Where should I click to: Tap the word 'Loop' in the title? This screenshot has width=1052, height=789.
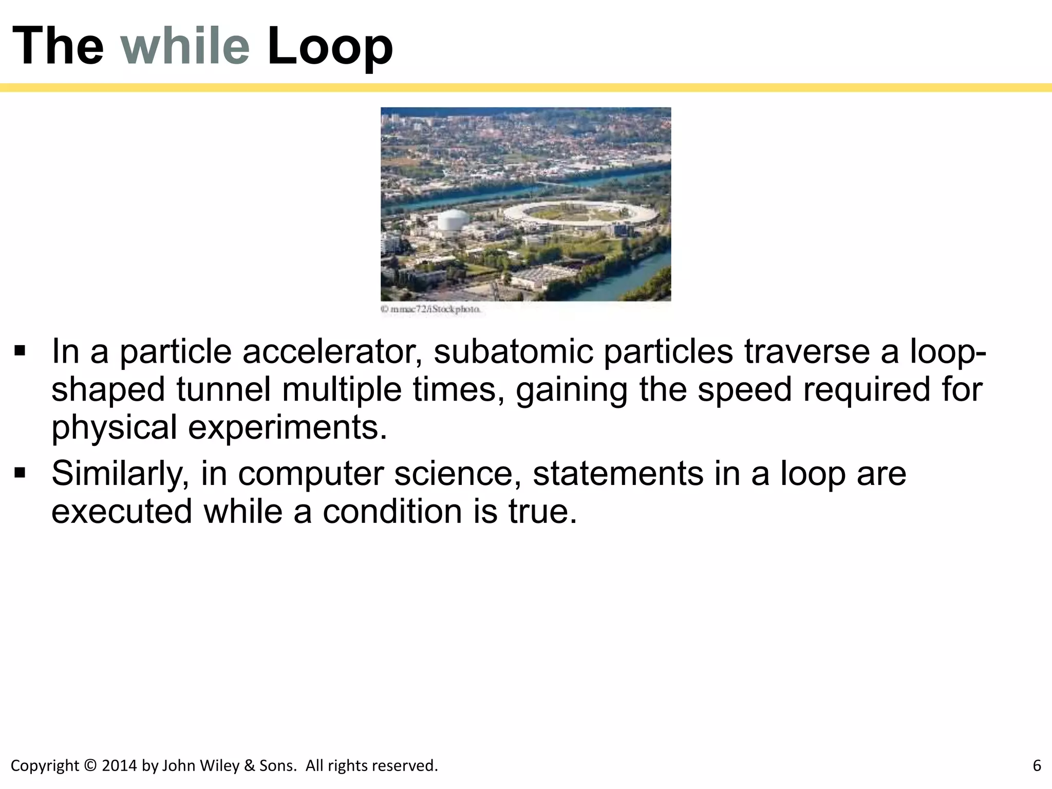(x=330, y=47)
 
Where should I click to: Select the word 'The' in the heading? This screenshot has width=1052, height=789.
(x=58, y=46)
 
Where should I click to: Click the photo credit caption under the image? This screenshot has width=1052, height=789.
(x=430, y=309)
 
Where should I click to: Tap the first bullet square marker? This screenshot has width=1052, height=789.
(x=20, y=351)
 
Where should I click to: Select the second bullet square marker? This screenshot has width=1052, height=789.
(x=20, y=473)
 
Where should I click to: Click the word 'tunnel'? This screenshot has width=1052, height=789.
(x=223, y=389)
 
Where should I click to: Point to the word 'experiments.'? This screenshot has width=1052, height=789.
(x=288, y=428)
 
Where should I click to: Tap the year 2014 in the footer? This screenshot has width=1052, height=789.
(x=119, y=765)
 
